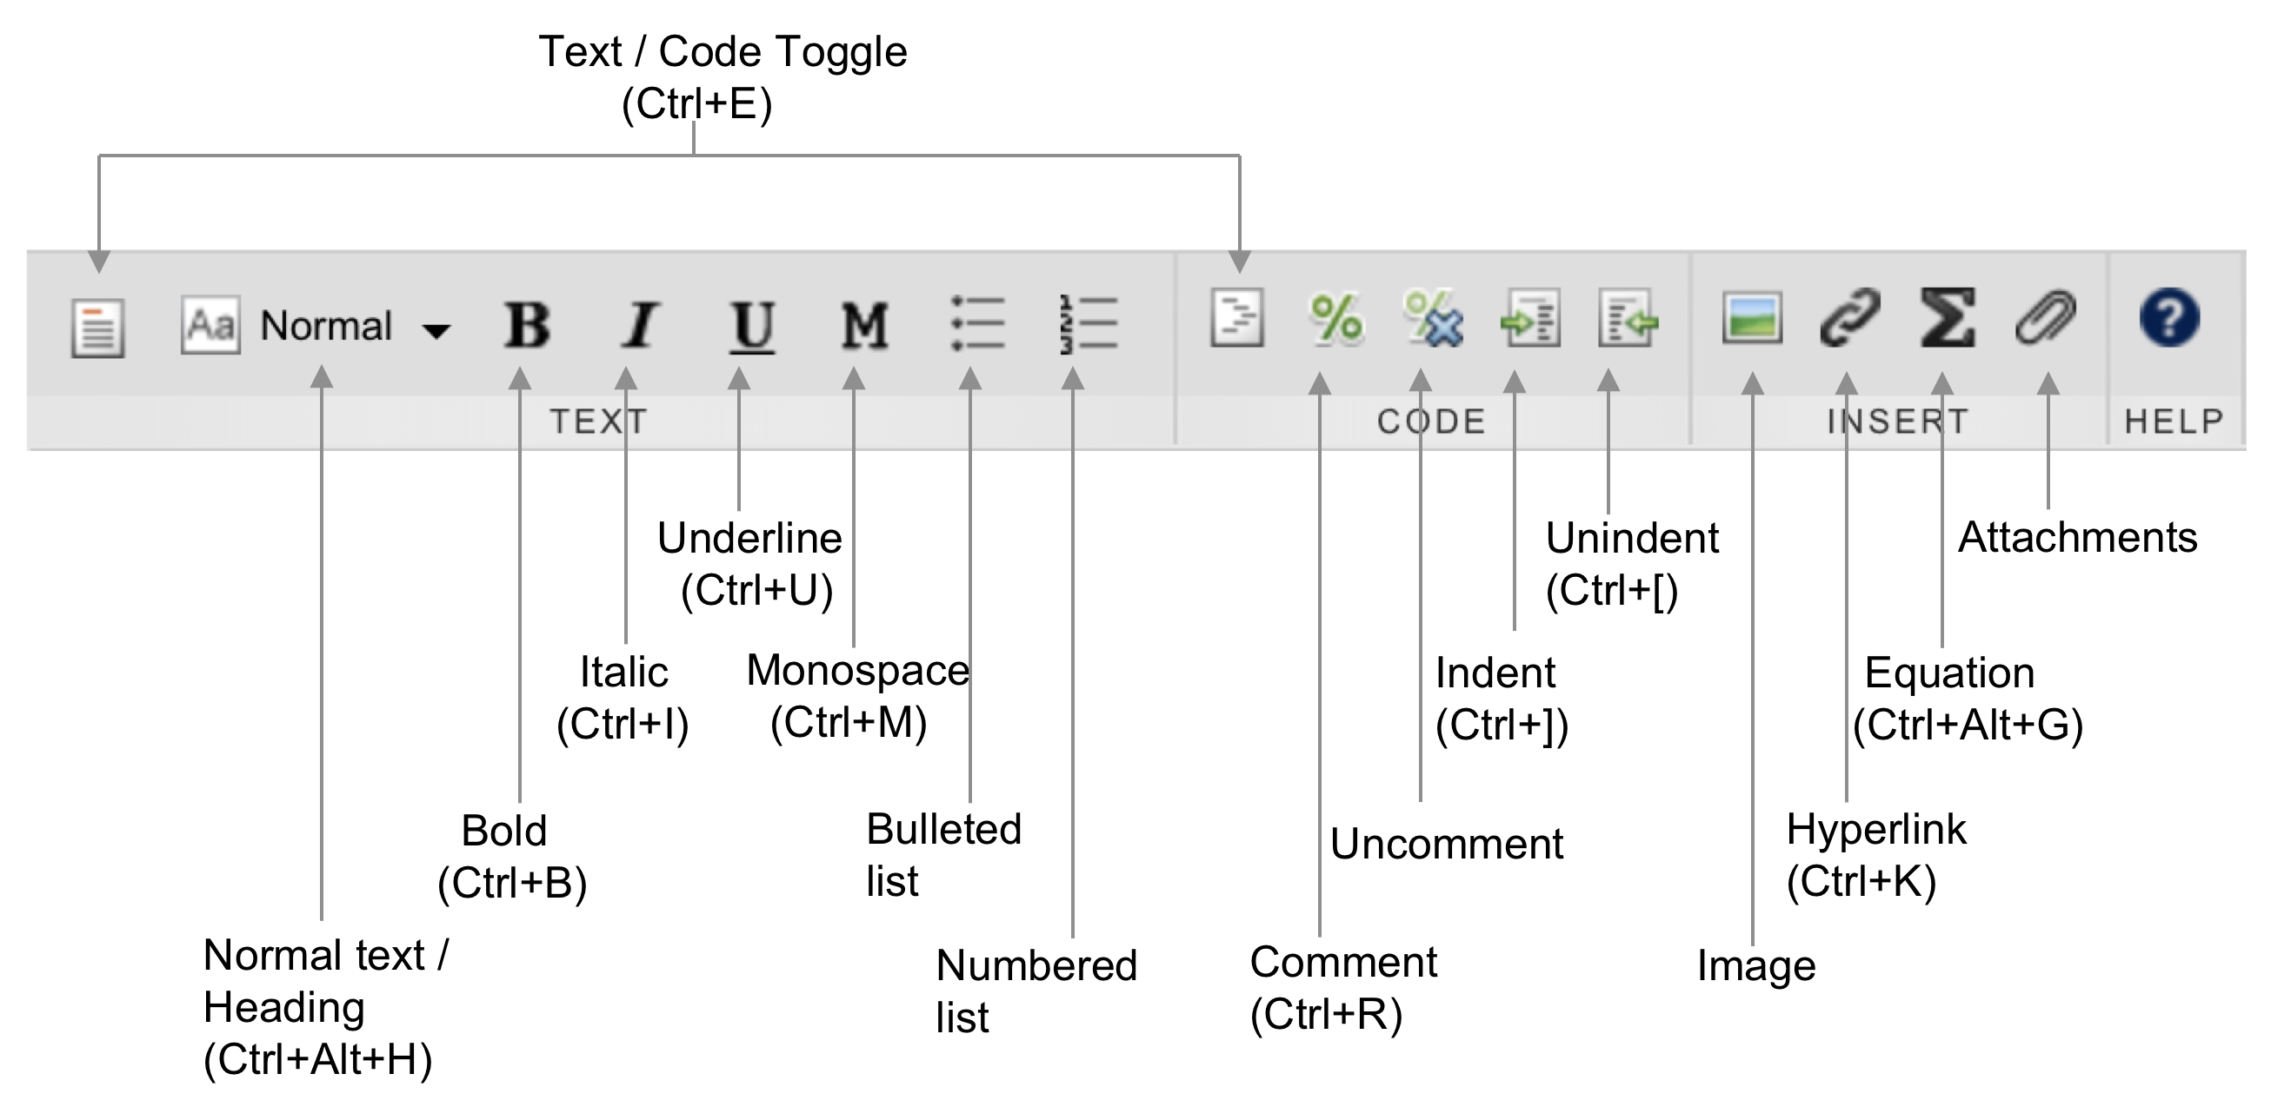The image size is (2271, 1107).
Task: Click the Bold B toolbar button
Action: pos(526,325)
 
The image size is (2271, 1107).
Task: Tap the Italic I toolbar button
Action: pos(639,325)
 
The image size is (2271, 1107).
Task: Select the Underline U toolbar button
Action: pos(752,325)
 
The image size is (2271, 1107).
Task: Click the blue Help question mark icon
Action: pos(2168,317)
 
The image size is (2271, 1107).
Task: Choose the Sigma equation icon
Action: pos(1947,317)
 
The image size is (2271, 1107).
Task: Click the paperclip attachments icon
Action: pos(2045,317)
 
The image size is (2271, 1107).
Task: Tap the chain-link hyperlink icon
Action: pos(1848,317)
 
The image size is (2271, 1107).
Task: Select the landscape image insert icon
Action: pos(1752,317)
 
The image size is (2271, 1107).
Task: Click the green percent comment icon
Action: pos(1335,317)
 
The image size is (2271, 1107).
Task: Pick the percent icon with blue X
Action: pos(1433,319)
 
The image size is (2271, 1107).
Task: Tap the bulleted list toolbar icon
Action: pos(977,324)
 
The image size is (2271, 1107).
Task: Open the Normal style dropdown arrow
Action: pos(436,330)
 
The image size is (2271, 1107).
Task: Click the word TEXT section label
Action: pos(598,421)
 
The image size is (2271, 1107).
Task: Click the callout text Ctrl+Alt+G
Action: pos(1968,726)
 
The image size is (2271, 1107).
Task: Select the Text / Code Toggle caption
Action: pos(722,52)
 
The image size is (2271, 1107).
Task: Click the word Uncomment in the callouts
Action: pos(1446,844)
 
